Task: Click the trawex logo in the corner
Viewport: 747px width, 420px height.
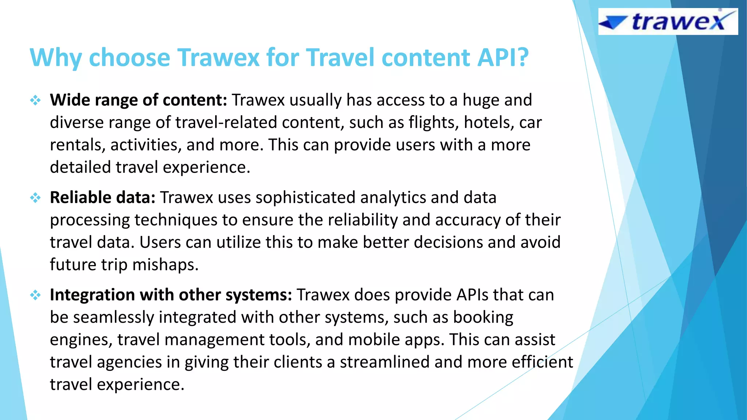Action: pyautogui.click(x=668, y=22)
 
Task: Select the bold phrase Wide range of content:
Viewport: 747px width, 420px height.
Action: pyautogui.click(x=139, y=100)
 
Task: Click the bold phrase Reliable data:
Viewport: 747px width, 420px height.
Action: pyautogui.click(x=102, y=197)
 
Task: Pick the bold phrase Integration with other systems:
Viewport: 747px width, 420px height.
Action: pyautogui.click(x=171, y=295)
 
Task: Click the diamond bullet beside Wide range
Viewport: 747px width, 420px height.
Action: pyautogui.click(x=35, y=100)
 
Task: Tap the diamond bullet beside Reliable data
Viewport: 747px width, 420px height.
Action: pyautogui.click(x=35, y=198)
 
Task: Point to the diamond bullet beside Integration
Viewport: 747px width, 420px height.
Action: pyautogui.click(x=35, y=295)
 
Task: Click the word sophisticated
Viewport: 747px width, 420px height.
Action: pyautogui.click(x=305, y=197)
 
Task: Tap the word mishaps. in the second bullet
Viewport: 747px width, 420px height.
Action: pyautogui.click(x=165, y=265)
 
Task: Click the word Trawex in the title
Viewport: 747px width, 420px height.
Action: pyautogui.click(x=218, y=58)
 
